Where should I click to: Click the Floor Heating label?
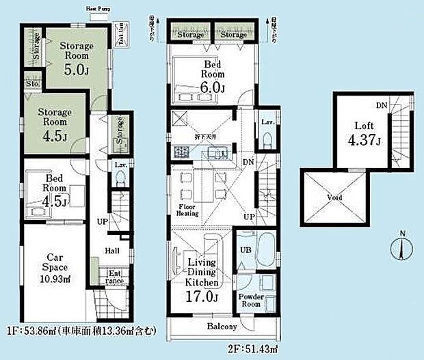(x=188, y=210)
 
